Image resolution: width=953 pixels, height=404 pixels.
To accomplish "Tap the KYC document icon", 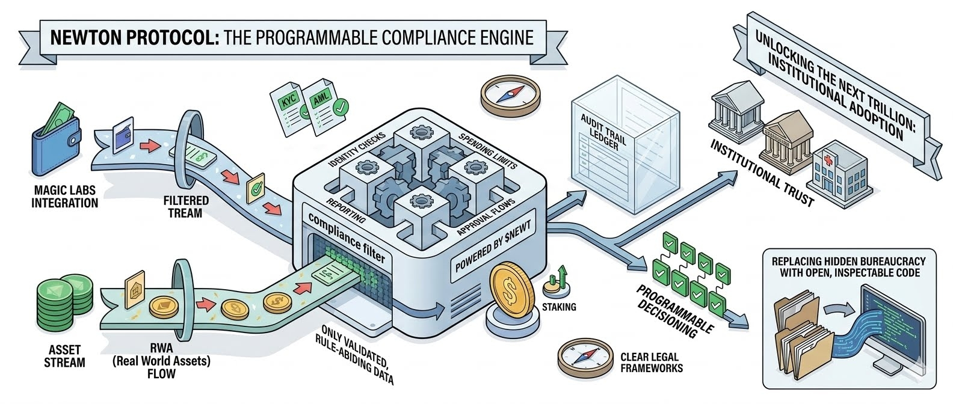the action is [289, 108].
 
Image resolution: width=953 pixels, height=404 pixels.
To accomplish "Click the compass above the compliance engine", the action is [510, 96].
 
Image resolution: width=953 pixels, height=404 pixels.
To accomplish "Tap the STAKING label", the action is [559, 307].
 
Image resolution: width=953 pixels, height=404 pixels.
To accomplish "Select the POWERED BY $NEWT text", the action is [493, 246].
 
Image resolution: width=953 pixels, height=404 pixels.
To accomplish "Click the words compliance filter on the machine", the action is [347, 237].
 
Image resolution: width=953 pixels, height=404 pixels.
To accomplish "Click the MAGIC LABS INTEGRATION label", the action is [64, 197].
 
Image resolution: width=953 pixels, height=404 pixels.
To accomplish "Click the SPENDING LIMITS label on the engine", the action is [487, 150].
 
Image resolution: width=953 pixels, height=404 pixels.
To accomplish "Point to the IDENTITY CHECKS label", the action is [357, 149].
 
